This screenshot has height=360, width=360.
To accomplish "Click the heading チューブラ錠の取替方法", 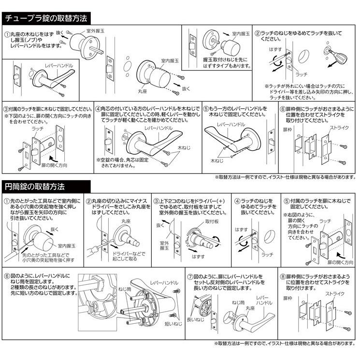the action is [46, 18].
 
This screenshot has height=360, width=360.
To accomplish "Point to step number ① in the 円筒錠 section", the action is [6, 201].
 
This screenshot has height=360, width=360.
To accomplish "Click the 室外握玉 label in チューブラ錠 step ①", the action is [96, 30].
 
